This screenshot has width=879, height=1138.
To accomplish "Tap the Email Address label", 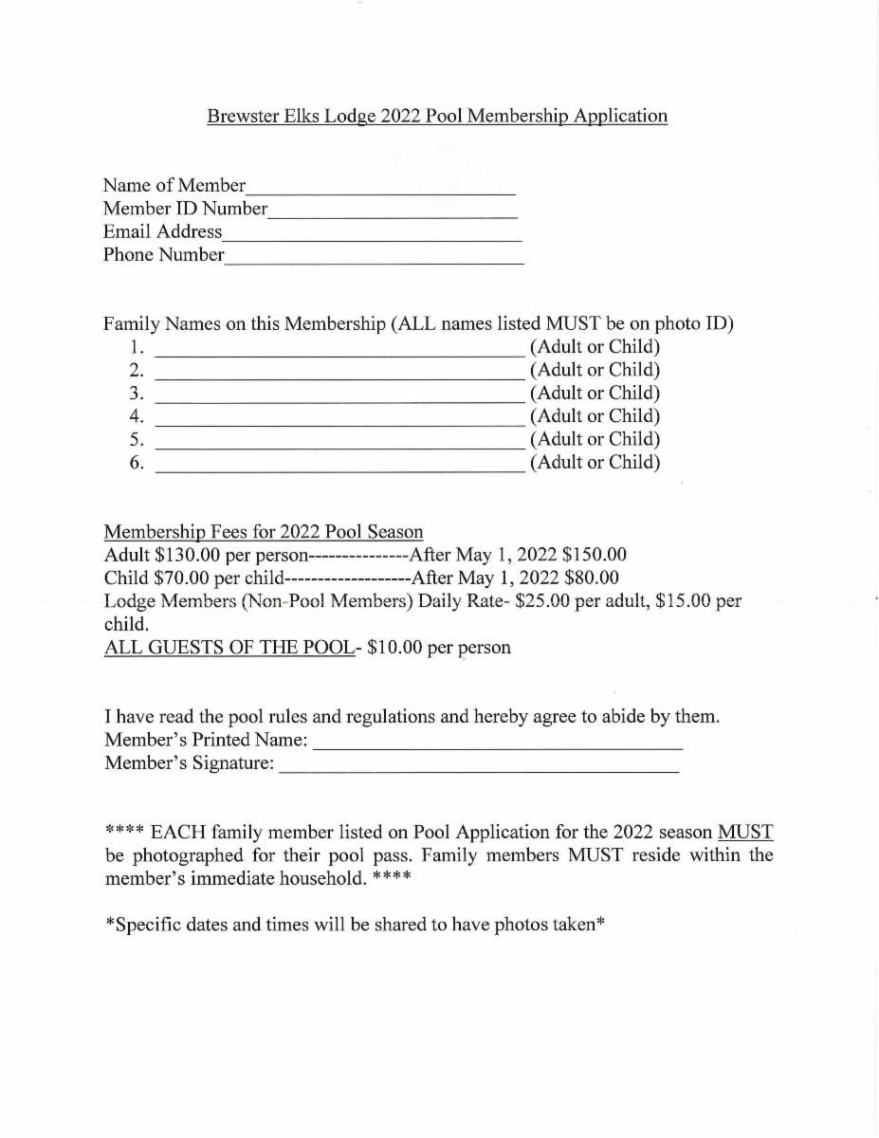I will click(x=162, y=231).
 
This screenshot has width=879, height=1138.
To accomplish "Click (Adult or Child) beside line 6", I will click(x=595, y=463).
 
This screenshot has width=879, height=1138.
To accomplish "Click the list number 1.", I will click(x=137, y=348).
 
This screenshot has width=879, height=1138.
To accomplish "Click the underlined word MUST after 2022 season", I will click(x=745, y=832).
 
